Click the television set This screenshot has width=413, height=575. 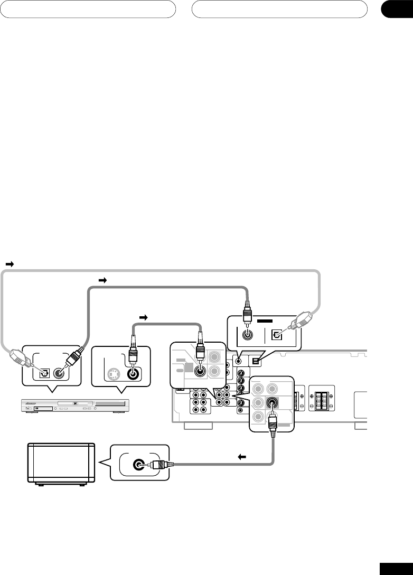(61, 464)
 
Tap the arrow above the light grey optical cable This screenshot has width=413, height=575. (9, 263)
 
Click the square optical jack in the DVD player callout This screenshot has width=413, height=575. (44, 372)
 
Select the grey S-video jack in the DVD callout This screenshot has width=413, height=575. (112, 373)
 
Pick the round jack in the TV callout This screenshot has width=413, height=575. (138, 465)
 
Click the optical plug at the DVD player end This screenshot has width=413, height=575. (18, 359)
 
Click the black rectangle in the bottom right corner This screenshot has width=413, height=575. (396, 567)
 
